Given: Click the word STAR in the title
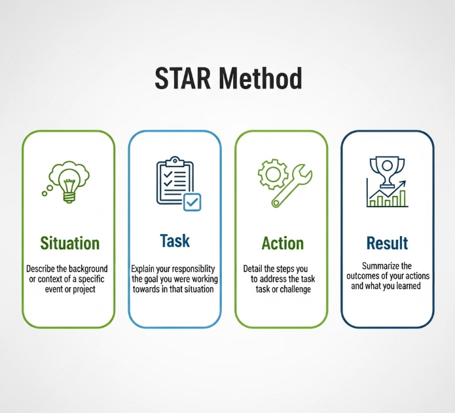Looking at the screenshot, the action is coord(183,78).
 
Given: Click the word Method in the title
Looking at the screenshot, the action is coord(261,78).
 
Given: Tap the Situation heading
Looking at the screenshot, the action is coord(69,243).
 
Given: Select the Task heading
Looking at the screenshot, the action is coord(175,241).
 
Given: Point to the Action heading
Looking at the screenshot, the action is coord(283,243).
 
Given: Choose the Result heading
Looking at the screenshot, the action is coord(387,243).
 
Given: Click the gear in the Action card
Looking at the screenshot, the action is coord(273,174).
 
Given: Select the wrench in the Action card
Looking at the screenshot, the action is coord(291,186).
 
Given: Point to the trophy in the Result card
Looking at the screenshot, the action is coord(387,172).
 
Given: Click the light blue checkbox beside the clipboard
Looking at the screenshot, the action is coord(192,202).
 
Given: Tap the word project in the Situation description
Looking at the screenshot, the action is coord(84,290).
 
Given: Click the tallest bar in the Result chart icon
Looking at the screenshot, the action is coord(403,198).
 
